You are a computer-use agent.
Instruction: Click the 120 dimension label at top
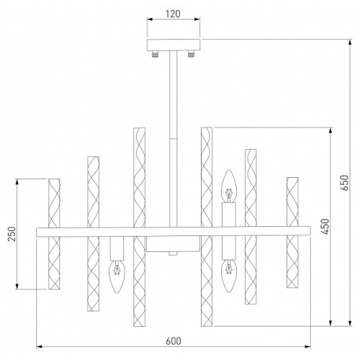pos(173,14)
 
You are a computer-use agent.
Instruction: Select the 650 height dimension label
pos(345,183)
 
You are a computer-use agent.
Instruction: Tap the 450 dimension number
pos(325,226)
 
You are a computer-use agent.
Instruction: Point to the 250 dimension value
pos(12,234)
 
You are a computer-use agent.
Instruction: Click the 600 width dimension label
pos(174,341)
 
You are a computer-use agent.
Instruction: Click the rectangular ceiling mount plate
pos(174,45)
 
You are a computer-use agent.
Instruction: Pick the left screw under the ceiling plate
pos(155,55)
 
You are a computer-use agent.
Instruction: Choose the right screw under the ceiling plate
pos(191,54)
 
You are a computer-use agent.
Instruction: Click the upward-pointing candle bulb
pos(229,186)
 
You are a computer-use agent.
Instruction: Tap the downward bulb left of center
pos(117,277)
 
